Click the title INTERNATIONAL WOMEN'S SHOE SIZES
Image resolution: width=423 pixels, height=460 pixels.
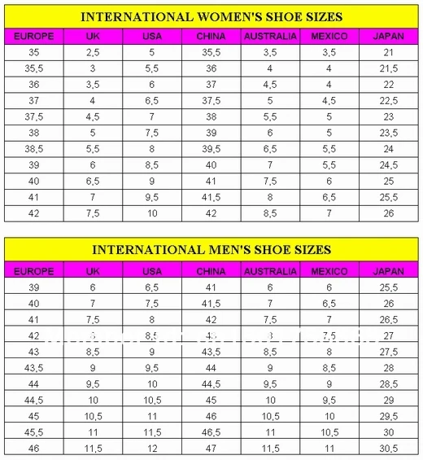pos(211,16)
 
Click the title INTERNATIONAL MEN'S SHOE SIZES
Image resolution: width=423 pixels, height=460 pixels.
pos(211,249)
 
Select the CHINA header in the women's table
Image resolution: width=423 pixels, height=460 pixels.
pos(211,36)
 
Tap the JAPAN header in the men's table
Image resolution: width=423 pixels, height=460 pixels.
pos(388,270)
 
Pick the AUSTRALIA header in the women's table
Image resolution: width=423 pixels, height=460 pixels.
pos(270,36)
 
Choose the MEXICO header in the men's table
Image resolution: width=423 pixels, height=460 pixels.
pos(329,270)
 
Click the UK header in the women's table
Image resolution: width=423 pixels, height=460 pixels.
pos(93,36)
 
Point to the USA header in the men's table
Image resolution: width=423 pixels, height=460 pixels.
pos(151,270)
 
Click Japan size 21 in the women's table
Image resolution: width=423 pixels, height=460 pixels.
pos(388,52)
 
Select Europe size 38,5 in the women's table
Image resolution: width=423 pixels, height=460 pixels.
pos(34,149)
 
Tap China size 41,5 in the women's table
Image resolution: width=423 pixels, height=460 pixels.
pos(211,197)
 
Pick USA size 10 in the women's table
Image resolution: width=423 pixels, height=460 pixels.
pos(151,213)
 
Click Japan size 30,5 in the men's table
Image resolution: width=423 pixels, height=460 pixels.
pos(388,449)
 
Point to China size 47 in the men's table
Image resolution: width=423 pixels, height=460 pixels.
pos(211,449)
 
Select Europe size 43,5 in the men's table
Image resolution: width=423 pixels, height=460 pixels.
pos(34,368)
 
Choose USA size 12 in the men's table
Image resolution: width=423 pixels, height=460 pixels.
pos(151,449)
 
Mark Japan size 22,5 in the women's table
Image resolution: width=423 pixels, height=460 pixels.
pos(388,101)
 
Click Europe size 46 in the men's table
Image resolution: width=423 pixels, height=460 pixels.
pos(34,449)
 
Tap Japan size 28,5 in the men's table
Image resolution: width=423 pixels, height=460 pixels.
pos(388,383)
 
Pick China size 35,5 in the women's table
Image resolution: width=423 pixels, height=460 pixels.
pos(211,52)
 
